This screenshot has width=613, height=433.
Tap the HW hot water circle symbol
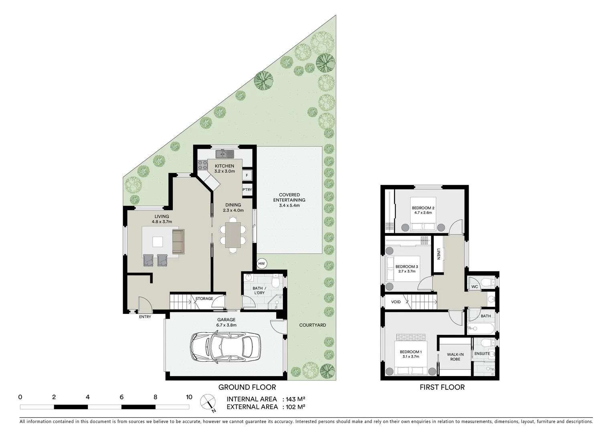tap(262, 264)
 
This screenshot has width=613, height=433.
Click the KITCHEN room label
tap(225, 166)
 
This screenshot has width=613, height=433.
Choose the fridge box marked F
tap(247, 175)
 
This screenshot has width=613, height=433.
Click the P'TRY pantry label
tap(247, 190)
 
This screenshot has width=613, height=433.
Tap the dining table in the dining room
tap(233, 235)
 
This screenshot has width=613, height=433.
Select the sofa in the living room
tap(178, 241)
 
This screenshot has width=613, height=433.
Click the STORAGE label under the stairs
tap(204, 299)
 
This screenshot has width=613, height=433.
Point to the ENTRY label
tap(145, 317)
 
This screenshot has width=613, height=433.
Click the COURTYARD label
tap(312, 325)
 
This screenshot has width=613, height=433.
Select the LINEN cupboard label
tap(439, 254)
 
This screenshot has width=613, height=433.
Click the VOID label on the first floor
tap(396, 302)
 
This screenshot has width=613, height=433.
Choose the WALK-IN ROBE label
tap(455, 357)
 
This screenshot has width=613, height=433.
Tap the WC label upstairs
tap(475, 287)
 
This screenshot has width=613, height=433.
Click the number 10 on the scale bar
tap(189, 397)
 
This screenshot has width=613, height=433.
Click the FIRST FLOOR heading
tap(442, 387)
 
